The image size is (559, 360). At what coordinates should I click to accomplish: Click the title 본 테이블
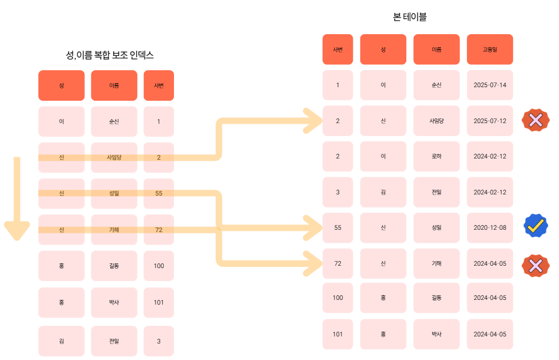point(410,17)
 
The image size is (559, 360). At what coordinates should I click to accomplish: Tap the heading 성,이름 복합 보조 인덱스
point(110,55)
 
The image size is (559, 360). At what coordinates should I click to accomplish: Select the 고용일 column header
point(489,49)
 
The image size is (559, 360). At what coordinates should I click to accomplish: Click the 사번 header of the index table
point(159,85)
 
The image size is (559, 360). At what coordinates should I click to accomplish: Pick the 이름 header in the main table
point(436,49)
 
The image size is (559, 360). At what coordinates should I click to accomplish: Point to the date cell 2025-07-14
point(489,85)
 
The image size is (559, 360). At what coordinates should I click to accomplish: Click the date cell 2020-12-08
point(489,227)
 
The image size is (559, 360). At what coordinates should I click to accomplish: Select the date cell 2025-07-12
point(489,121)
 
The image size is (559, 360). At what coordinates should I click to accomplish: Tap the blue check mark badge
point(535,225)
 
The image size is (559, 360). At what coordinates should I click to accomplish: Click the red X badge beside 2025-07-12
point(535,121)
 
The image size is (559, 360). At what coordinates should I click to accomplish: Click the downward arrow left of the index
point(17,200)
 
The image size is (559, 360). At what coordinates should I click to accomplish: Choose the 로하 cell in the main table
point(436,156)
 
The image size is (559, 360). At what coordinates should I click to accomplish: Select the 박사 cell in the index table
point(114,302)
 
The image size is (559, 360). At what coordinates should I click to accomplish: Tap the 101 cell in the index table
point(159,302)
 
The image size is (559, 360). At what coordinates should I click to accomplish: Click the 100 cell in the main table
point(337,298)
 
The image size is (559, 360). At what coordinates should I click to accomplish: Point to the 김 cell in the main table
point(383,192)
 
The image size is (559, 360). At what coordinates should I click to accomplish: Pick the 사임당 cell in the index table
point(114,157)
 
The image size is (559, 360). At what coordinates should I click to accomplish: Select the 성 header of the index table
point(61,85)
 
